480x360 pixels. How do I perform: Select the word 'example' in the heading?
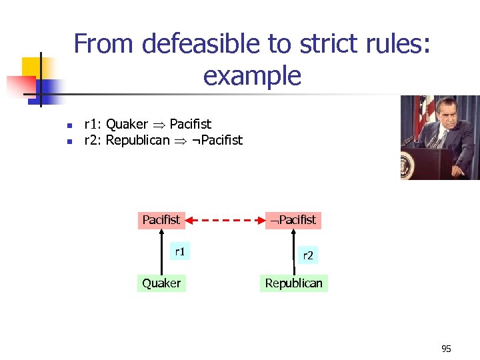[252, 76]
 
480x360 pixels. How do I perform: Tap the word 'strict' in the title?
[329, 44]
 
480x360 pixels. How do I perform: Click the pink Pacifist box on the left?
[161, 219]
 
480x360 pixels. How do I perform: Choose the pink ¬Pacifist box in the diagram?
[293, 219]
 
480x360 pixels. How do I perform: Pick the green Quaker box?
[161, 283]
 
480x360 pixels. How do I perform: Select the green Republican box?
[293, 283]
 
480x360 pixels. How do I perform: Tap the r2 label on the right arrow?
[307, 255]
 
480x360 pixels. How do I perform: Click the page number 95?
[446, 349]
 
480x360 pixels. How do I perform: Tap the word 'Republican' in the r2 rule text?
[138, 140]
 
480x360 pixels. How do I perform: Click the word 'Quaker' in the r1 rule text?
[127, 124]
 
